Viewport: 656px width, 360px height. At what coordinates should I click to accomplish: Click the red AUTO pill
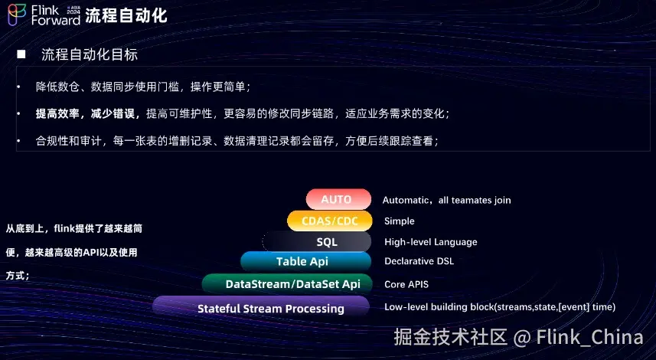338,199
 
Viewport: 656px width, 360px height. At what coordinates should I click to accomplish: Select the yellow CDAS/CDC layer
330,221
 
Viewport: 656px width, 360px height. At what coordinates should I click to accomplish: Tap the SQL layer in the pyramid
317,241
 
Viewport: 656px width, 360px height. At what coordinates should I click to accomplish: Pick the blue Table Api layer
306,262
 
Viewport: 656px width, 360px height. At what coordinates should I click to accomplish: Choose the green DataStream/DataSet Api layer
287,284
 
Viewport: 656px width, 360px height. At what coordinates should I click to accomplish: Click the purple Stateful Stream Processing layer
261,307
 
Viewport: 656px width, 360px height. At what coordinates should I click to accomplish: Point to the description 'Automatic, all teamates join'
446,200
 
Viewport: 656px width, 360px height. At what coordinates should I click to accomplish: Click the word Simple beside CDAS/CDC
399,221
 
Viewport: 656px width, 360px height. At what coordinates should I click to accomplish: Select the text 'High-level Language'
430,242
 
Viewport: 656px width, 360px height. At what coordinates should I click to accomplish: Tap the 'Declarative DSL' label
419,261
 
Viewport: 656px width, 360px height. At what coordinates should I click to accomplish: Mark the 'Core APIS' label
406,284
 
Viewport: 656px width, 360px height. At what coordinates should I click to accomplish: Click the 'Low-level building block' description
500,307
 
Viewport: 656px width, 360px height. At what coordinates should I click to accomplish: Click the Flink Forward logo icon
17,15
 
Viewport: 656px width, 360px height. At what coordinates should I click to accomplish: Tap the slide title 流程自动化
126,15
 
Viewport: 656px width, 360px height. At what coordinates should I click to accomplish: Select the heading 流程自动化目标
90,54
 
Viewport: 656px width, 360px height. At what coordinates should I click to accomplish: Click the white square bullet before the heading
21,54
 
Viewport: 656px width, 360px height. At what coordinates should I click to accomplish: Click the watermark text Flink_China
589,337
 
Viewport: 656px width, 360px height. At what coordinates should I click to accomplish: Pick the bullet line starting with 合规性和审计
237,141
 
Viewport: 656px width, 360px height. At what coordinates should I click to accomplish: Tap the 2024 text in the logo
73,11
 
